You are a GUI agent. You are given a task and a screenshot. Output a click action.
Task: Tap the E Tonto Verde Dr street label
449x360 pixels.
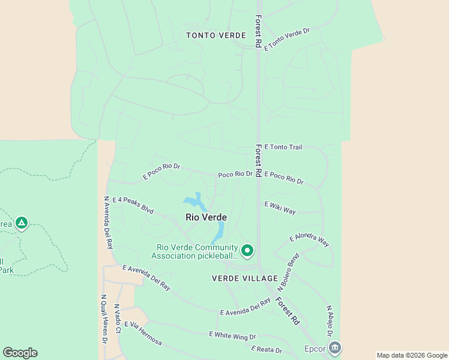click(x=286, y=38)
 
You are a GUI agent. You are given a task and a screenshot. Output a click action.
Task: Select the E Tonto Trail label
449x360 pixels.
click(x=283, y=147)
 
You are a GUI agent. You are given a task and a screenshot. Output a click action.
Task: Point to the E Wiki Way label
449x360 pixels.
click(x=280, y=208)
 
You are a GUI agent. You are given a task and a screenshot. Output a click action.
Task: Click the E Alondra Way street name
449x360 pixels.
click(x=310, y=239)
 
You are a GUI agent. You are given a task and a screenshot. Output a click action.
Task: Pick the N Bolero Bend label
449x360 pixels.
click(x=288, y=271)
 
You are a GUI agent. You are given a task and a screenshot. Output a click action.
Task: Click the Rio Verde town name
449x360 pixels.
click(x=206, y=217)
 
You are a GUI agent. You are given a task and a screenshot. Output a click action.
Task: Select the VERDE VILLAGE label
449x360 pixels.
click(x=245, y=278)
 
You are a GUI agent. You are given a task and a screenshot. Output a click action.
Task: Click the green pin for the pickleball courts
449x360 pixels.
click(x=247, y=250)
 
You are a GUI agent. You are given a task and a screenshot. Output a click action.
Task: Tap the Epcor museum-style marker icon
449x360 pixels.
click(x=335, y=348)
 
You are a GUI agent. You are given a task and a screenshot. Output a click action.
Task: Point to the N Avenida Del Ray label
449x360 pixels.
click(x=108, y=222)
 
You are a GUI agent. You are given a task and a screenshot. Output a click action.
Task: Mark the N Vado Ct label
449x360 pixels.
click(x=118, y=319)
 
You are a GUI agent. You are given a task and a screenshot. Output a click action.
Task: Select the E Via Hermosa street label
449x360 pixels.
click(x=143, y=333)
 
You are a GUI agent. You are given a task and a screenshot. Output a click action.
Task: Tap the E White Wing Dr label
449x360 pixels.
click(x=232, y=335)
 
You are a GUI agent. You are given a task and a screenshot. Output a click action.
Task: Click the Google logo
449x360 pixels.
click(x=20, y=353)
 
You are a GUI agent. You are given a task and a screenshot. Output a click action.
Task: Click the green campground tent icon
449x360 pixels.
click(x=22, y=224)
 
